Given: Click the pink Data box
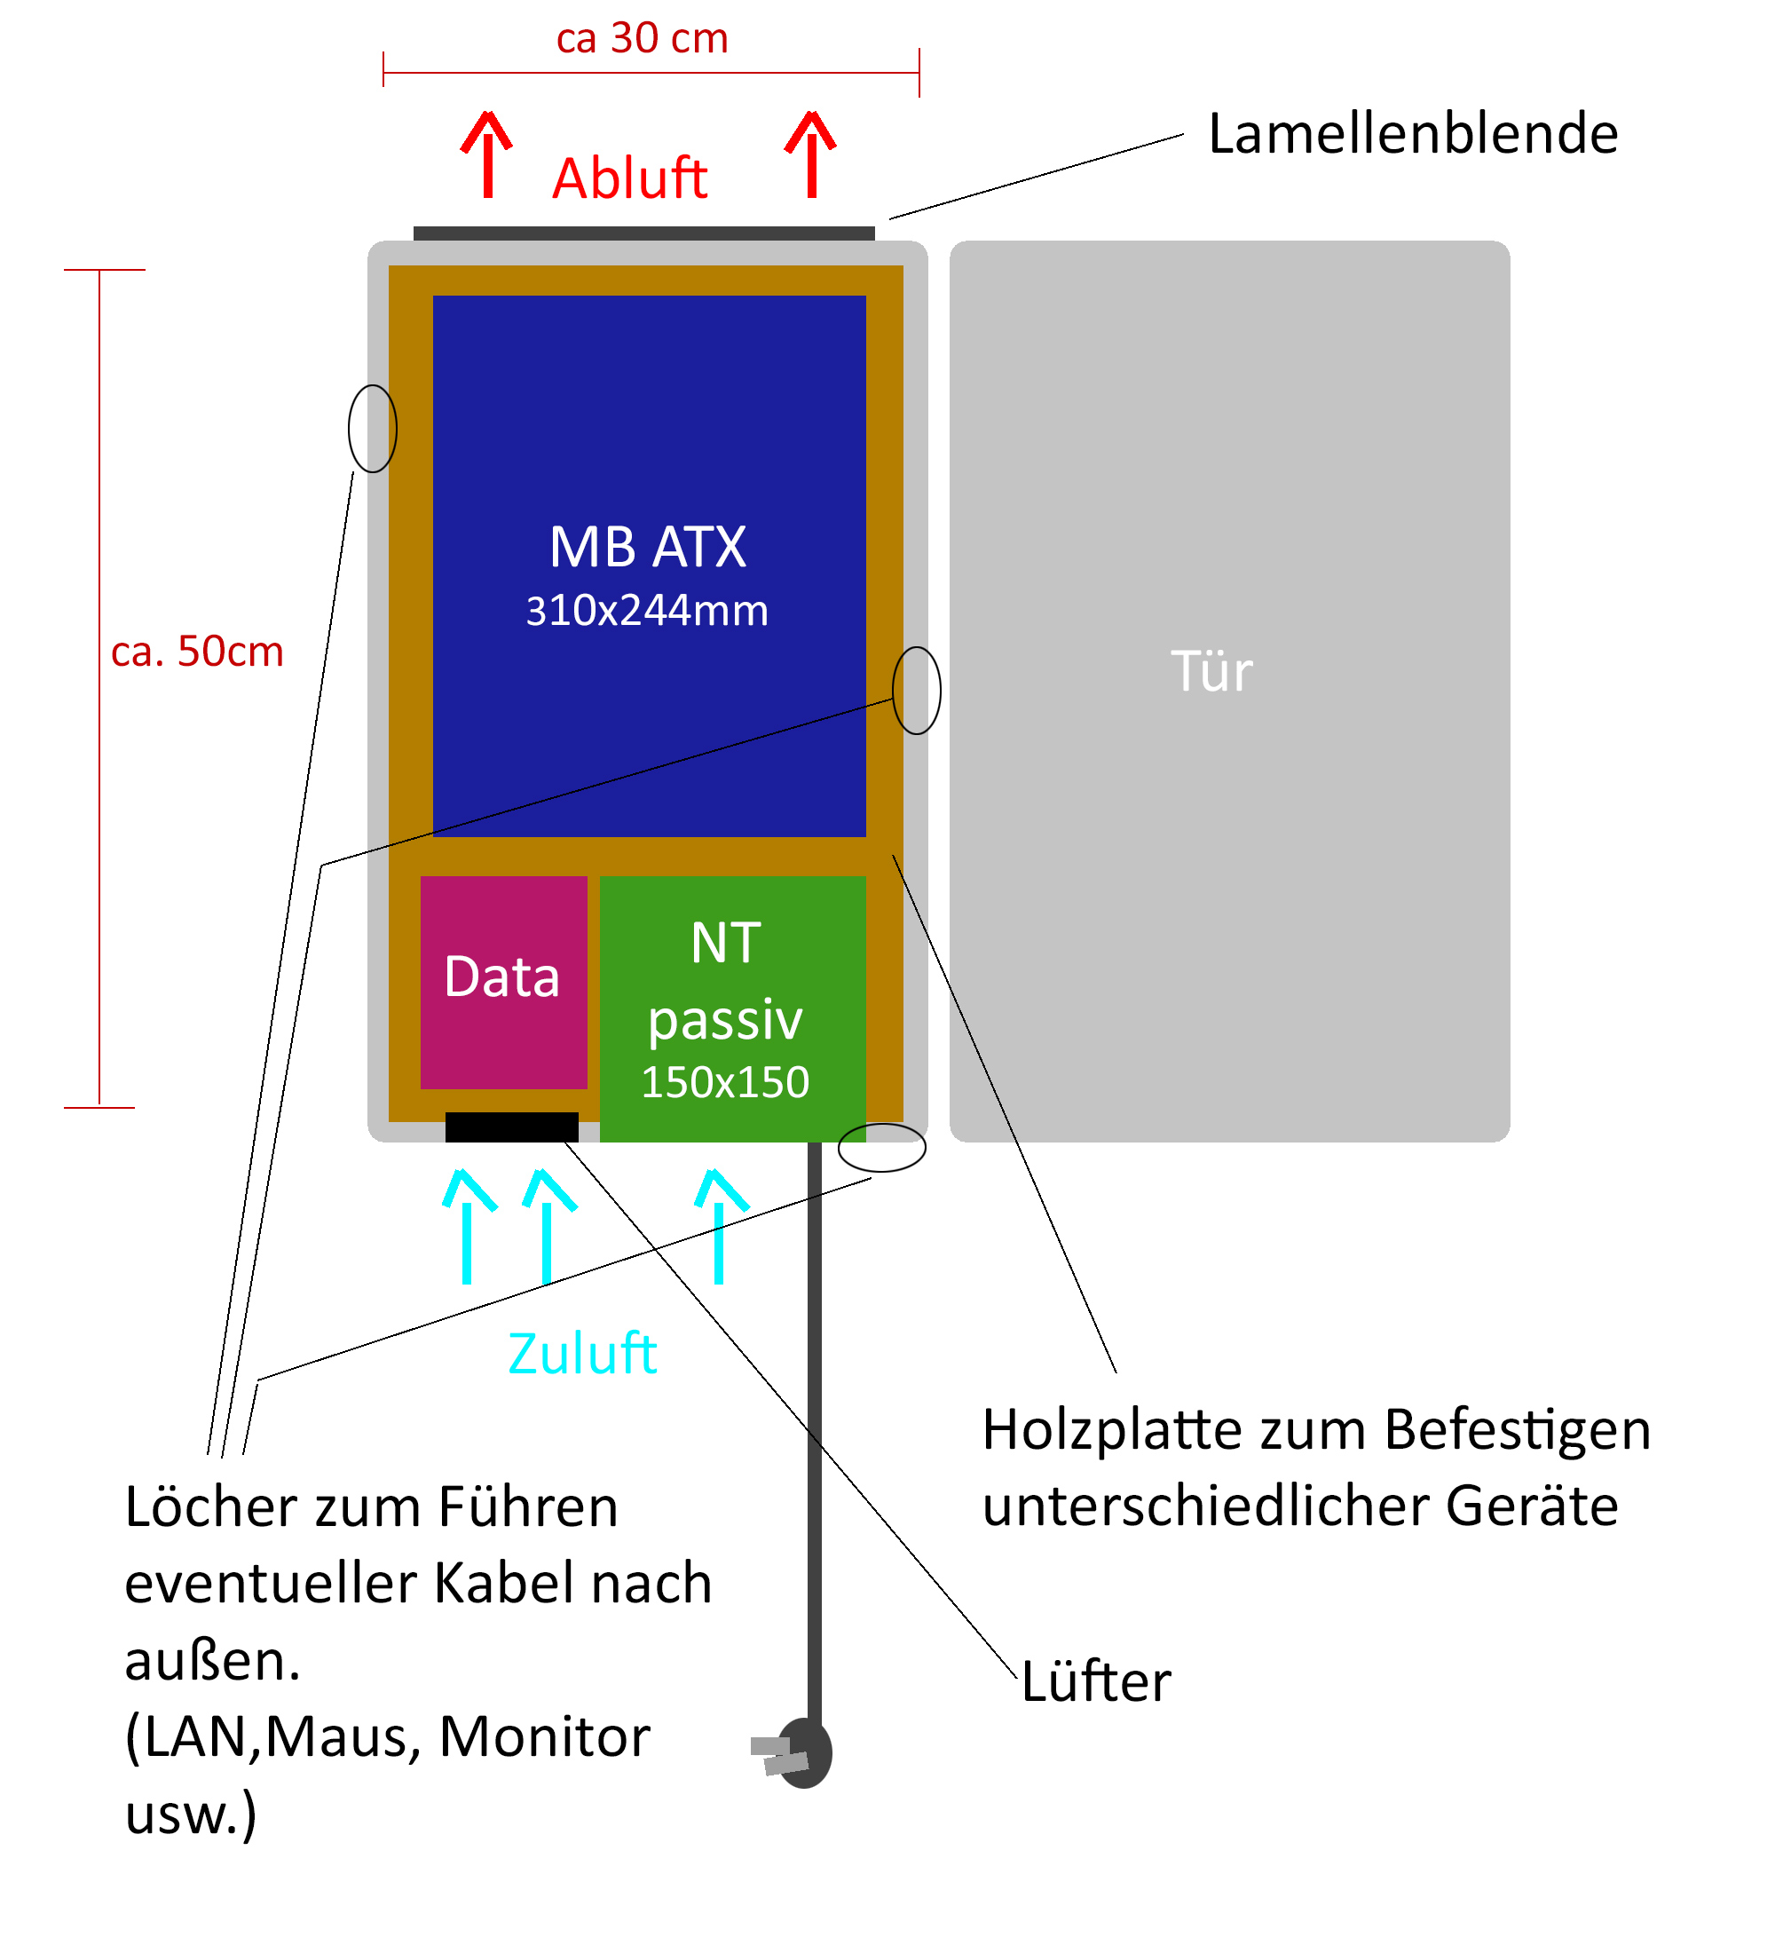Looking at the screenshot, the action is click(503, 983).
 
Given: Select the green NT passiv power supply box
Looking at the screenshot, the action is click(732, 1008).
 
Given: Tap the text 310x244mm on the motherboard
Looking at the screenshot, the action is click(647, 612).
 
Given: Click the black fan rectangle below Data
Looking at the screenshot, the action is click(511, 1127).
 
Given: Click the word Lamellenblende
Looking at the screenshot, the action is click(1413, 134).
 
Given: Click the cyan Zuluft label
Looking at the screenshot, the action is click(582, 1354).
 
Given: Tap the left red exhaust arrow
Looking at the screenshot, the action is click(487, 155).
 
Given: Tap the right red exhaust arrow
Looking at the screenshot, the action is click(810, 155).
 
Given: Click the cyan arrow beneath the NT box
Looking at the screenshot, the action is click(720, 1227).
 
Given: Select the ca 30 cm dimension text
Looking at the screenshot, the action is click(642, 39).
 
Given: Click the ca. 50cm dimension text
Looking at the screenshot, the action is click(198, 652).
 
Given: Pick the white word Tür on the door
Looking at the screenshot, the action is click(1211, 671).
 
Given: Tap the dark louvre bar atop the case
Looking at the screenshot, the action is click(644, 233).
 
